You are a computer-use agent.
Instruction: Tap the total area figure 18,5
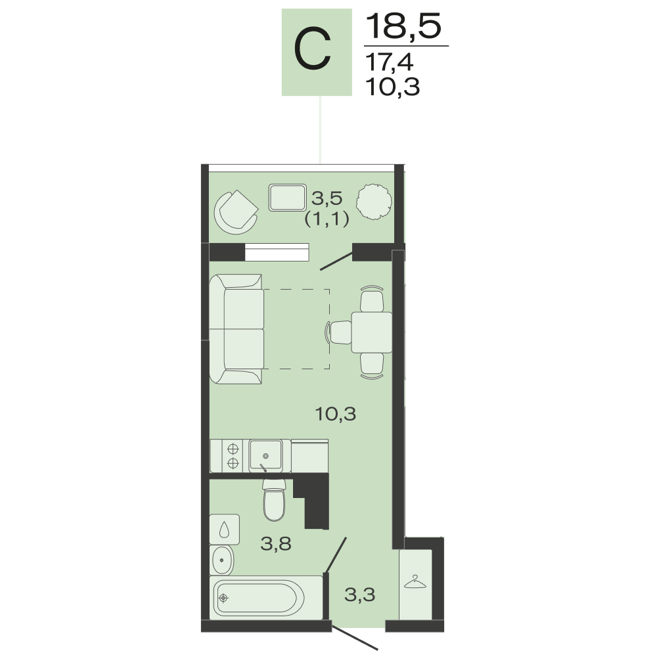point(404,26)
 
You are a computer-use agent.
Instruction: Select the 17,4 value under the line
point(389,62)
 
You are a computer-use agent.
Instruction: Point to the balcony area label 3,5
point(327,198)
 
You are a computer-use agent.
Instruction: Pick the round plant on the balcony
point(374,202)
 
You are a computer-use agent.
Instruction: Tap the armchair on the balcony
point(236,212)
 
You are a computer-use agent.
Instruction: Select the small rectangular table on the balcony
point(288,197)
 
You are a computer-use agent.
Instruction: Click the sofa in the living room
point(237,329)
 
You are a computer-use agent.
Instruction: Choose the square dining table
point(372,332)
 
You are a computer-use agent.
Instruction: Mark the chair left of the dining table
point(339,332)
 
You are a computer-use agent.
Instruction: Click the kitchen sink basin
point(265,455)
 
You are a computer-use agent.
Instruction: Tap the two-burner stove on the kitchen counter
point(233,456)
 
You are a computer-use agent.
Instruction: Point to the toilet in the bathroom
point(275,500)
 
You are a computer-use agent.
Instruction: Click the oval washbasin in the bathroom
point(223,560)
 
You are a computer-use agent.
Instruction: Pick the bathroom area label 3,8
point(276,544)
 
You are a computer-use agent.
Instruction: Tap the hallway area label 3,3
point(359,595)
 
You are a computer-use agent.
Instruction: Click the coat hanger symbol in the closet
point(415,582)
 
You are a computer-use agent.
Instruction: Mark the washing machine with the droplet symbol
point(225,529)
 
